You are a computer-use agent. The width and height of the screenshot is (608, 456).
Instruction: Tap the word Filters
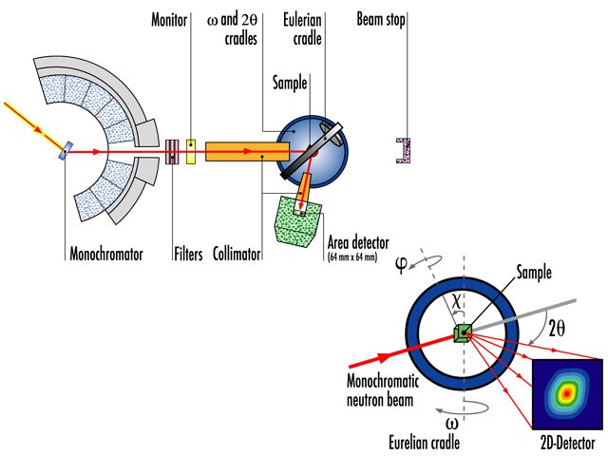(x=188, y=255)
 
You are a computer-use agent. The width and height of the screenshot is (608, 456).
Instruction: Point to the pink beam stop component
(x=405, y=150)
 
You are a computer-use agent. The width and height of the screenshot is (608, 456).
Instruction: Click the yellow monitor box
(x=191, y=150)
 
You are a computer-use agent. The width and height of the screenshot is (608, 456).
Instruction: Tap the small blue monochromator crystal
(x=65, y=149)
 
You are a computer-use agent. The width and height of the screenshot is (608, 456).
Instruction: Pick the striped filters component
(x=172, y=150)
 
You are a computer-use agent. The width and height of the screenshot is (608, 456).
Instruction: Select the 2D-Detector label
(x=566, y=444)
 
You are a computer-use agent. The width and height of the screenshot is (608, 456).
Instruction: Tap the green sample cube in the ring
(x=462, y=332)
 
